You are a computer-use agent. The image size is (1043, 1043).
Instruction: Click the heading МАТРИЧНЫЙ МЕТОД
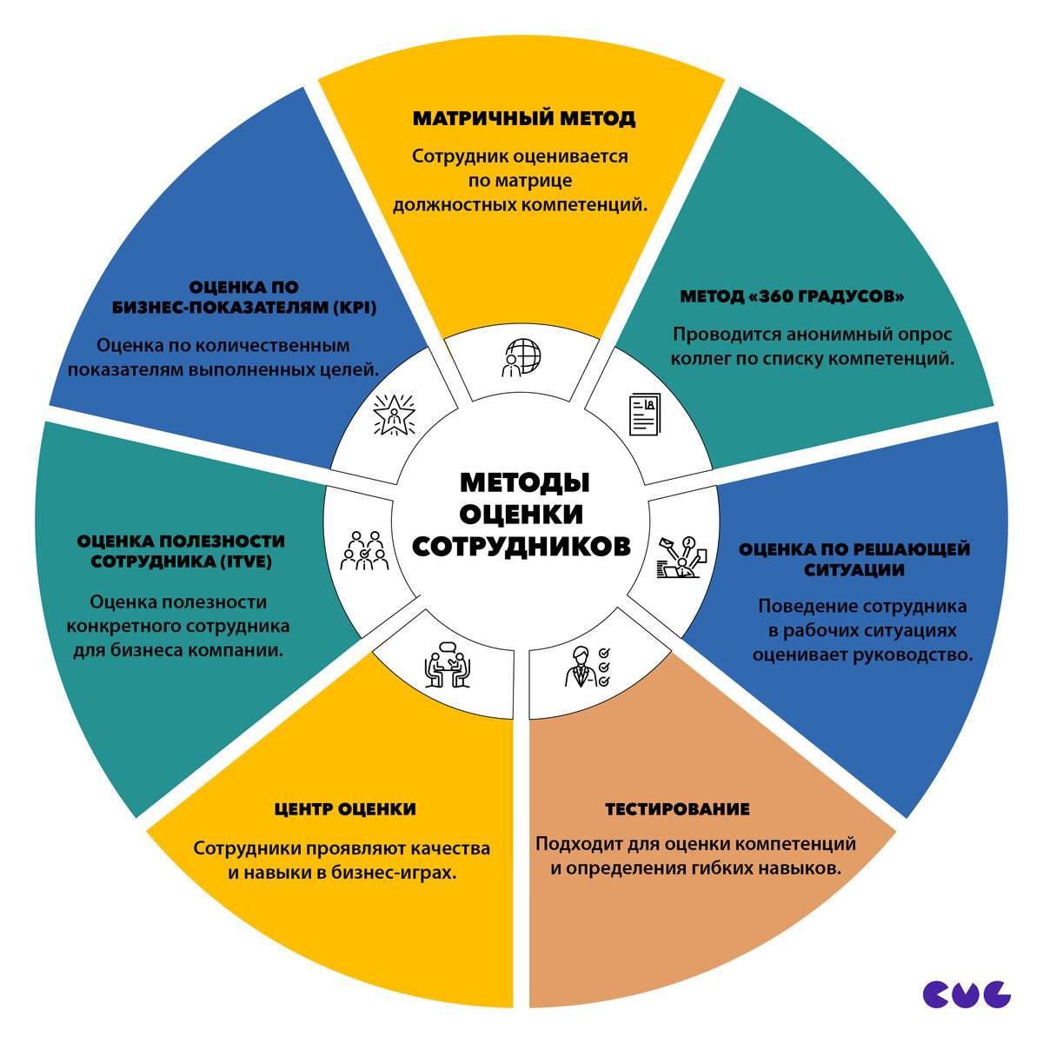click(523, 118)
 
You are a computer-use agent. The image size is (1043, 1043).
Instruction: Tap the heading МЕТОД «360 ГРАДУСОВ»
click(792, 296)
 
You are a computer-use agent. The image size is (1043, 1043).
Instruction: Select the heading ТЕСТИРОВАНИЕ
click(677, 809)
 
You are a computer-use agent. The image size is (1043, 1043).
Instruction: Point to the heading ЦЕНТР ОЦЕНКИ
click(344, 809)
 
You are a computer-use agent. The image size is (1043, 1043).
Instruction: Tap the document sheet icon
click(644, 415)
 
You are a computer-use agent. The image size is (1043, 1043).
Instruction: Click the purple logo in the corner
click(967, 993)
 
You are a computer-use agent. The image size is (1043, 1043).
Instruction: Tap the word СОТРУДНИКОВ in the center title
click(521, 546)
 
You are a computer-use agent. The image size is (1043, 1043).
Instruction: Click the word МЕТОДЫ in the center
click(524, 482)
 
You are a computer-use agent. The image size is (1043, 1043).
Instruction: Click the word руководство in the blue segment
click(908, 654)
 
